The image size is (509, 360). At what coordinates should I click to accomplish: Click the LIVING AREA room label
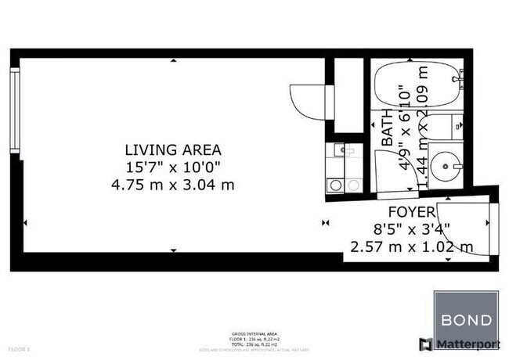(x=173, y=149)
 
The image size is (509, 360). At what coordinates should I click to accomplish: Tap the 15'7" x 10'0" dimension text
(x=173, y=166)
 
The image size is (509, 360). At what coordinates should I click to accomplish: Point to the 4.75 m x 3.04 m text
(x=173, y=184)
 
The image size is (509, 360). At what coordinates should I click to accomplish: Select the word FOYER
(x=411, y=212)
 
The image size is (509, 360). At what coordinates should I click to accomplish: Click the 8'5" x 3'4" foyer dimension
(x=411, y=229)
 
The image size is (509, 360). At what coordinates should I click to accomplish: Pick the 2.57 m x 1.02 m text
(x=411, y=247)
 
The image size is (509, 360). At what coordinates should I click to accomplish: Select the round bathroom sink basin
(x=448, y=165)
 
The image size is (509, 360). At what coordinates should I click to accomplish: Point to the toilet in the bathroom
(x=449, y=125)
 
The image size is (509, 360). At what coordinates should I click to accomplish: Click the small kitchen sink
(x=343, y=149)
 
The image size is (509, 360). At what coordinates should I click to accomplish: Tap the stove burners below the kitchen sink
(x=343, y=185)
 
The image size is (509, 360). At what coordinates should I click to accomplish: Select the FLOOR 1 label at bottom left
(x=19, y=348)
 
